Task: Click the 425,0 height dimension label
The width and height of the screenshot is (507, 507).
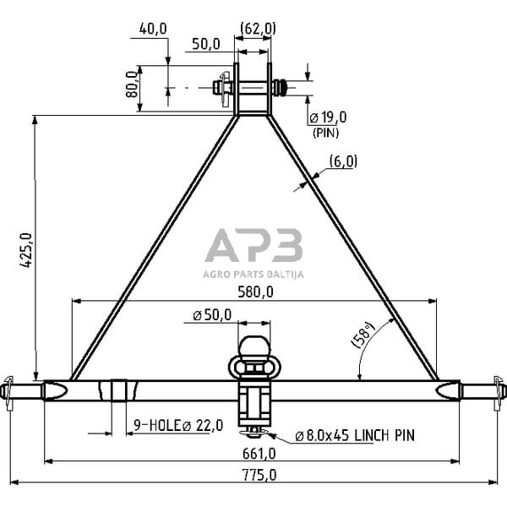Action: point(26,250)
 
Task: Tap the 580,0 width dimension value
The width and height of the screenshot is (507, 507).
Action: point(255,292)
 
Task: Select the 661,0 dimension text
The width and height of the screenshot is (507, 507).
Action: point(259,454)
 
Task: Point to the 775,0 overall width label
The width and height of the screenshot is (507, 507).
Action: point(259,475)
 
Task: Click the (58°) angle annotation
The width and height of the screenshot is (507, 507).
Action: point(363,335)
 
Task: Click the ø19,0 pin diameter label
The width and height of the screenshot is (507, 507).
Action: point(328,117)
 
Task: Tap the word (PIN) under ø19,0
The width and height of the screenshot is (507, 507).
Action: point(325,133)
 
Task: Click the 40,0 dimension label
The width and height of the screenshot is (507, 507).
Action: point(153,29)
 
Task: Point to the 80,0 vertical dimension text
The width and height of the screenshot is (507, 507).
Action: point(132,84)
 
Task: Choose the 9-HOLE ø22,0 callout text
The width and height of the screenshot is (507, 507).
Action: point(178,425)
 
